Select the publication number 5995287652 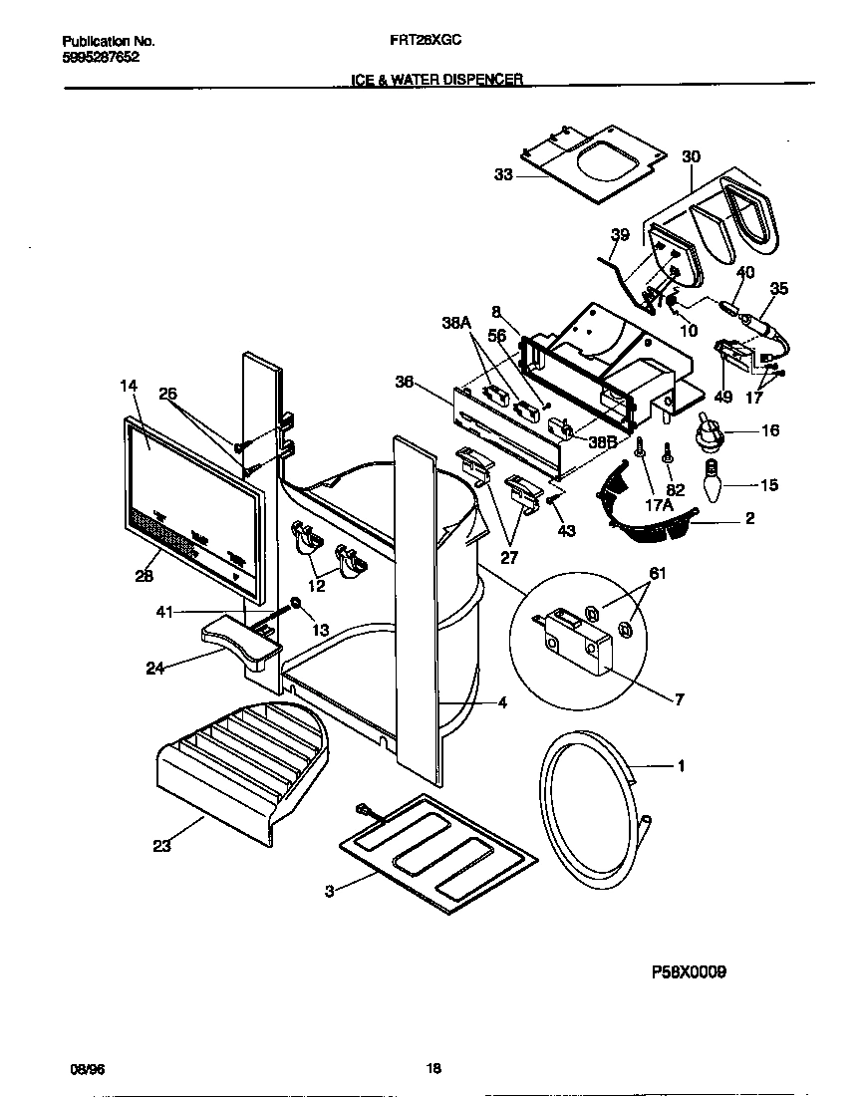point(101,58)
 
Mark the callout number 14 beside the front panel point(129,384)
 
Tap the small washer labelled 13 point(296,604)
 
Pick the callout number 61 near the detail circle point(630,573)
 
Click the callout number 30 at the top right point(691,156)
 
